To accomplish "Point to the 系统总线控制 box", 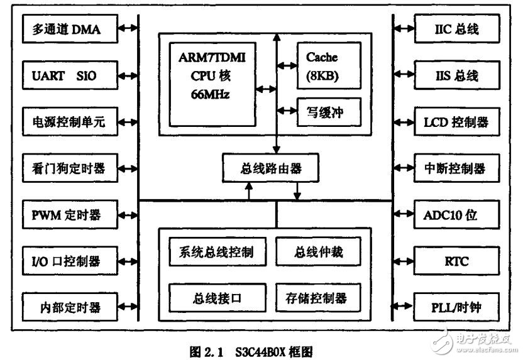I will coord(216,253).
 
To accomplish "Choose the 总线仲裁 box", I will coord(319,253).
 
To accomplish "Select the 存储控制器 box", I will coord(319,297).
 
